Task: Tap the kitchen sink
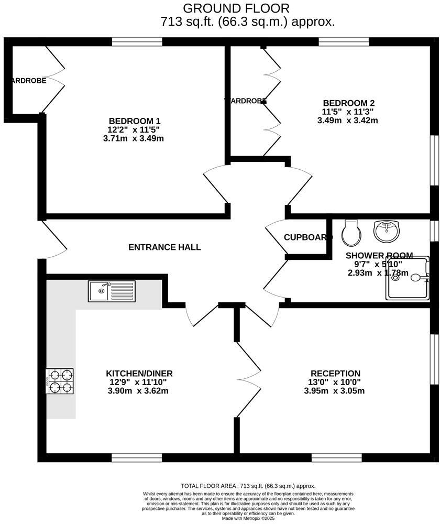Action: (x=112, y=291)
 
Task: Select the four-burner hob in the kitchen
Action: (x=59, y=381)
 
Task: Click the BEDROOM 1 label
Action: (x=135, y=121)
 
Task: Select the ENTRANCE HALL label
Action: (x=164, y=247)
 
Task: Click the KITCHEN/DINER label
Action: (x=139, y=374)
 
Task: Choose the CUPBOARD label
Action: (x=308, y=237)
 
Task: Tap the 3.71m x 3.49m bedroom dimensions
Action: (x=134, y=139)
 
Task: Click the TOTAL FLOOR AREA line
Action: (x=248, y=486)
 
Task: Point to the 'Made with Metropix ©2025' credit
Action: (x=248, y=519)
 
